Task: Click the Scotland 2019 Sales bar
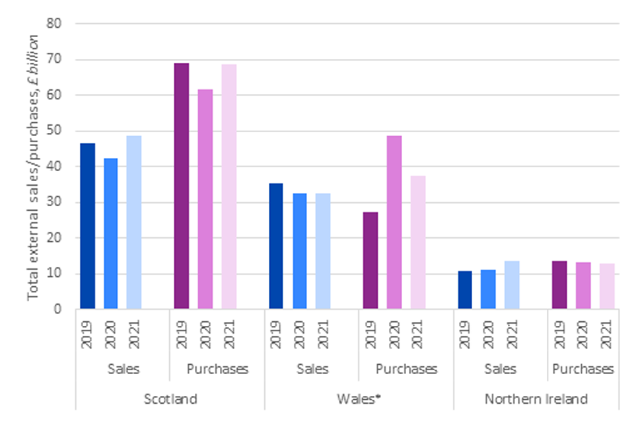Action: (88, 226)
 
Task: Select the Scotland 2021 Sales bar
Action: (133, 222)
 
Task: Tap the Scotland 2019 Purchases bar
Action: (182, 186)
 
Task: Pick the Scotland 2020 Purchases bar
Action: (205, 199)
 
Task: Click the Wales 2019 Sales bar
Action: (275, 246)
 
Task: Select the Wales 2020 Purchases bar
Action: (394, 222)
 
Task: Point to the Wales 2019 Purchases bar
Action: (370, 260)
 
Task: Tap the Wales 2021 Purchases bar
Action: (417, 242)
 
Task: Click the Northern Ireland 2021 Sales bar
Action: (512, 285)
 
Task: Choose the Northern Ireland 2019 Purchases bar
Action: (559, 285)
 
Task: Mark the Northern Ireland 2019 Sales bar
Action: (465, 289)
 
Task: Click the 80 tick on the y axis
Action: (61, 24)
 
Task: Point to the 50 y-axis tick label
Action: (61, 131)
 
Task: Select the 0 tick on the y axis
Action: (64, 309)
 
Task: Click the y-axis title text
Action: (34, 166)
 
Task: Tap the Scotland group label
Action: (170, 399)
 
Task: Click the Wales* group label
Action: (359, 399)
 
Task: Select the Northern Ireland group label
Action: (536, 399)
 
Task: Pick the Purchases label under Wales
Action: (406, 369)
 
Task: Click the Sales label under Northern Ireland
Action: (500, 369)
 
